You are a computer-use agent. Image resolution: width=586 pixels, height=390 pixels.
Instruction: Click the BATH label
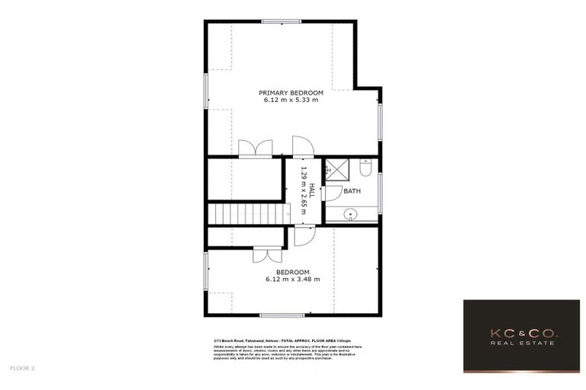[x=352, y=190]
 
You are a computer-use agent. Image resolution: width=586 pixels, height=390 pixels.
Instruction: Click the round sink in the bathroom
[x=349, y=215]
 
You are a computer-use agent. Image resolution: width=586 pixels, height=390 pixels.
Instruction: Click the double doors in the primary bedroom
[x=255, y=149]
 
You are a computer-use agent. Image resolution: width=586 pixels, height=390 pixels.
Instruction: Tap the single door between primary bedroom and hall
[x=302, y=146]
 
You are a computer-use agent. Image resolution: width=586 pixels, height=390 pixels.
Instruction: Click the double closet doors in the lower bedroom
[x=267, y=255]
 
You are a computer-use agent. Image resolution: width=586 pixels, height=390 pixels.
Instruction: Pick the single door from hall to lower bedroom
[x=303, y=235]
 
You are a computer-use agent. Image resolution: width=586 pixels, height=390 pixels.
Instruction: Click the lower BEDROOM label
[x=292, y=272]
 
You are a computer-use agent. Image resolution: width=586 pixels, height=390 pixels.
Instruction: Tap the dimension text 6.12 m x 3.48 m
[x=292, y=280]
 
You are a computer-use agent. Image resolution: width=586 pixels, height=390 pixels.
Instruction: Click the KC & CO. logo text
[x=521, y=334]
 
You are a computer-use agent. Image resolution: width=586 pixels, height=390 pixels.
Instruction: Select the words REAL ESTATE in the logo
[x=521, y=344]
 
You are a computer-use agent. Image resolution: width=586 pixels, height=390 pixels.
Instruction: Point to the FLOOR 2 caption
[x=23, y=368]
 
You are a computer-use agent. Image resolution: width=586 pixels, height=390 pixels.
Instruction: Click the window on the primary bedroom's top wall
[x=282, y=21]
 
